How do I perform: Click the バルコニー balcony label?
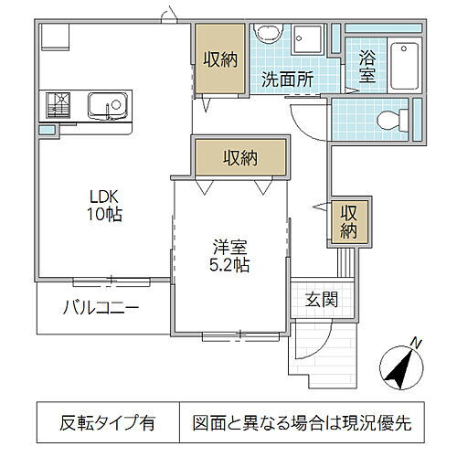tap(101, 307)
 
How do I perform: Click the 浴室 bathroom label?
tap(367, 67)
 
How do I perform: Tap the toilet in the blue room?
tap(391, 117)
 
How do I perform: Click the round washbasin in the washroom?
tap(268, 36)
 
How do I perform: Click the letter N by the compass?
tap(416, 344)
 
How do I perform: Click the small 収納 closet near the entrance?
tap(348, 221)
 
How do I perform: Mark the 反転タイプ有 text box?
tap(108, 423)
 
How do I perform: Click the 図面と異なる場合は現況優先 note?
tap(302, 423)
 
